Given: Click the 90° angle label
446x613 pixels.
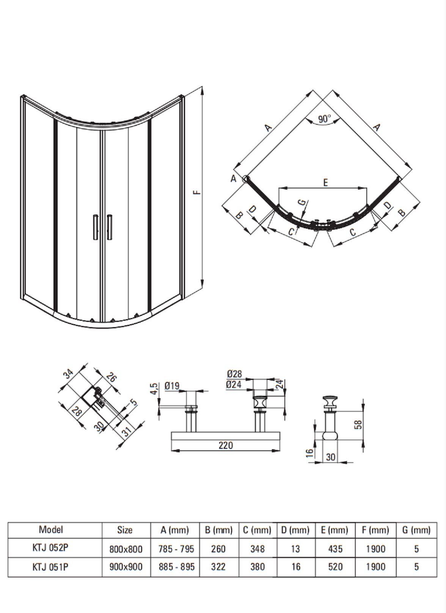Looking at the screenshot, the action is pyautogui.click(x=325, y=119).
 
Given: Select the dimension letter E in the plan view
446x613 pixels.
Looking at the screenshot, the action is pyautogui.click(x=325, y=182).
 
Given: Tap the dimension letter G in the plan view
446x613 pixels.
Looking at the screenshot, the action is pyautogui.click(x=302, y=202).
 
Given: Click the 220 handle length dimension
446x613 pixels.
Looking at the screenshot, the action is pyautogui.click(x=226, y=445).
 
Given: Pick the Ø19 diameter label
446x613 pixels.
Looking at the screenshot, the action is pyautogui.click(x=172, y=386).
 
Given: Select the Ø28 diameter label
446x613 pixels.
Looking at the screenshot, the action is pyautogui.click(x=234, y=373).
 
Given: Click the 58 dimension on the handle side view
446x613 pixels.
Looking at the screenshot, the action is pyautogui.click(x=358, y=424).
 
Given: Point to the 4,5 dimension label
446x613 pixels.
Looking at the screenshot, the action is pyautogui.click(x=154, y=389).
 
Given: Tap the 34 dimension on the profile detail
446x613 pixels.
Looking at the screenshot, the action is pyautogui.click(x=68, y=373).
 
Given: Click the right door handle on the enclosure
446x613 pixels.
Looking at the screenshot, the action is pyautogui.click(x=109, y=227).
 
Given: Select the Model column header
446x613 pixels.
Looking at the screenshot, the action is pyautogui.click(x=51, y=529).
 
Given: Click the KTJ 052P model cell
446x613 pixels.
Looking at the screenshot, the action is pyautogui.click(x=50, y=547).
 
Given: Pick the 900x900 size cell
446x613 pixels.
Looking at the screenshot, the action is pyautogui.click(x=126, y=567).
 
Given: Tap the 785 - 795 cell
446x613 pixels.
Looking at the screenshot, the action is pyautogui.click(x=176, y=549).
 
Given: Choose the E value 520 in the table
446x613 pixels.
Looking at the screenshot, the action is pyautogui.click(x=335, y=566).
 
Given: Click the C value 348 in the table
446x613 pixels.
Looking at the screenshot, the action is pyautogui.click(x=258, y=549).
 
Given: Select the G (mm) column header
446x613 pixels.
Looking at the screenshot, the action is pyautogui.click(x=416, y=530).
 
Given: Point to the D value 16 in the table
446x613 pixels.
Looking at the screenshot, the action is pyautogui.click(x=296, y=566).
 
